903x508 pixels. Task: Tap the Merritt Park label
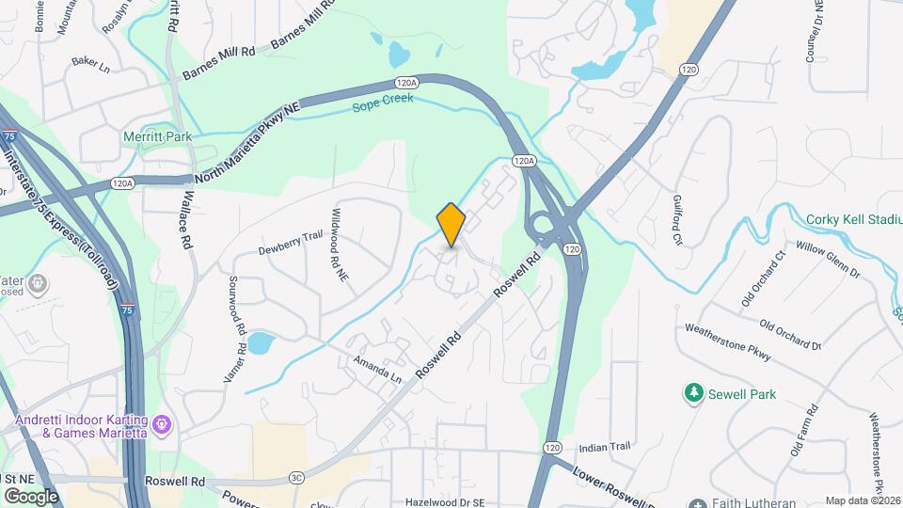pos(157,136)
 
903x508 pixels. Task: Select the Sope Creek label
pos(383,106)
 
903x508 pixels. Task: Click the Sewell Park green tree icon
pos(693,391)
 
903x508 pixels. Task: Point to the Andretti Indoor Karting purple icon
pos(162,426)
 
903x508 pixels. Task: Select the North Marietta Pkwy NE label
pos(246,145)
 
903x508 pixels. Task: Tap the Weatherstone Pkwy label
pos(727,343)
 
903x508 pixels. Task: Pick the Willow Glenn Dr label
pos(828,259)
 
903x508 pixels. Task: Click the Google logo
pos(30,496)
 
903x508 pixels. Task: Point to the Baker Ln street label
pos(91,66)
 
